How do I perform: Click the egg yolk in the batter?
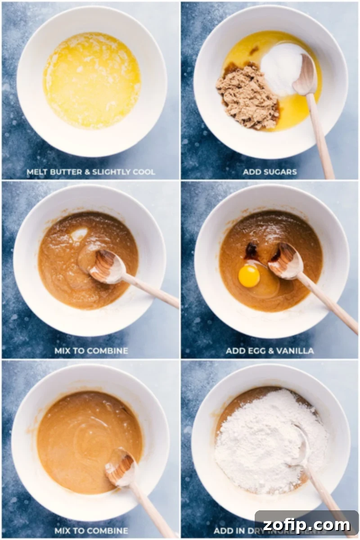click(x=249, y=276)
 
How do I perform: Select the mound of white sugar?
click(x=282, y=67)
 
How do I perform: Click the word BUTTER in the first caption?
click(x=67, y=172)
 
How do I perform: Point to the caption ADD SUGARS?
click(x=270, y=172)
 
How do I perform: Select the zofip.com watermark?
click(x=306, y=525)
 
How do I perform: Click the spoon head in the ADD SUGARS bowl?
click(x=305, y=75)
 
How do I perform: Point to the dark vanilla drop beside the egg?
click(x=251, y=250)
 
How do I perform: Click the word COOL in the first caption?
click(x=144, y=172)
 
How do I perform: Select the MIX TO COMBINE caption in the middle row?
click(x=91, y=351)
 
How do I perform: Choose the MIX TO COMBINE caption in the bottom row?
click(x=91, y=531)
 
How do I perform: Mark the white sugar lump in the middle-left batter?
click(x=79, y=234)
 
